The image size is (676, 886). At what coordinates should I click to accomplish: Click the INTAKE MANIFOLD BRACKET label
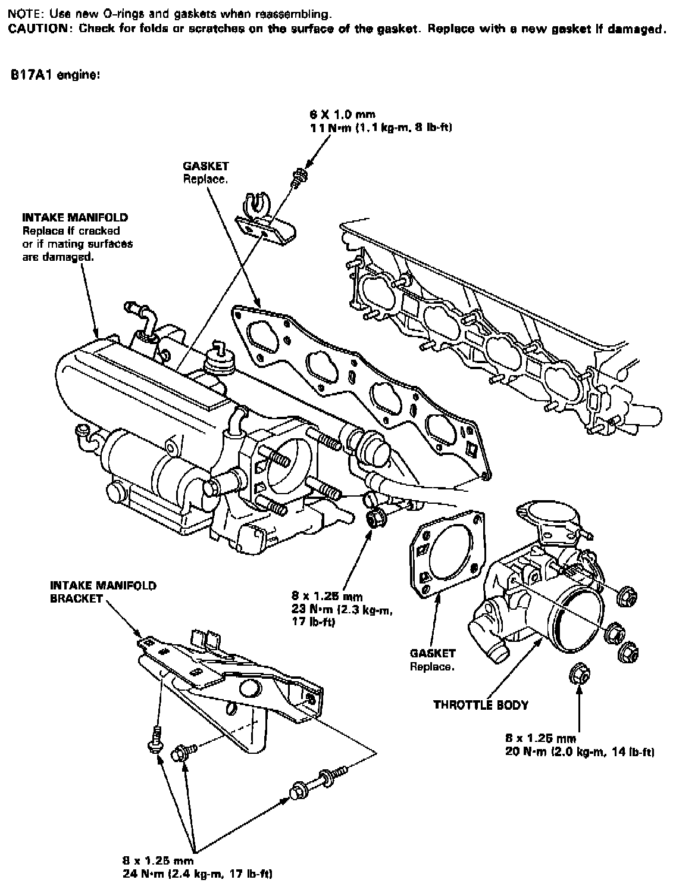103,592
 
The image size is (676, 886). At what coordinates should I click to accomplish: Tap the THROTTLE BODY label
481,705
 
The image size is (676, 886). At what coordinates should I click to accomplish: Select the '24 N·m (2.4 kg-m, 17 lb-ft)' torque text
198,874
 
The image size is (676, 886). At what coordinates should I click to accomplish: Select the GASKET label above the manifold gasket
206,167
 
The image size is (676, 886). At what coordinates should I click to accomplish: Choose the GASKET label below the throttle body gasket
433,653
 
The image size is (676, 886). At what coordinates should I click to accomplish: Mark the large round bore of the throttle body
576,619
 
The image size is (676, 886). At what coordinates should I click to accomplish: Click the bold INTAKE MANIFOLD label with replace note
75,217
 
